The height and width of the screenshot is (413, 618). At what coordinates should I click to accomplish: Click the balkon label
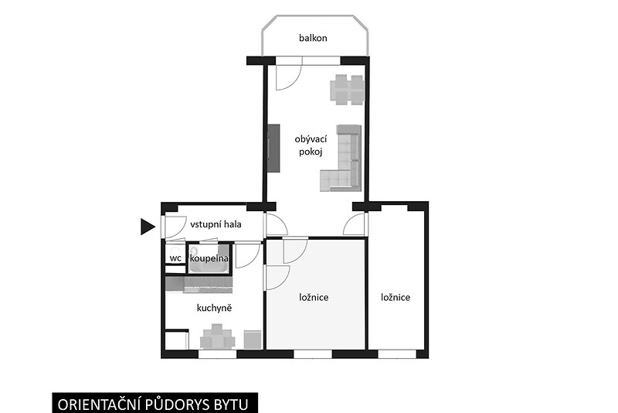pyautogui.click(x=313, y=38)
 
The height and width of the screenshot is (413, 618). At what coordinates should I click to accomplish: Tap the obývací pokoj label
pyautogui.click(x=311, y=145)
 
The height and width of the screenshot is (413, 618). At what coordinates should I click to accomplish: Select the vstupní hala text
pyautogui.click(x=216, y=224)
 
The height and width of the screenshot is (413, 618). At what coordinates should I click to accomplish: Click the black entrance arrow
pyautogui.click(x=148, y=227)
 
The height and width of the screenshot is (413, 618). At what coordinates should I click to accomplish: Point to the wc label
pyautogui.click(x=175, y=258)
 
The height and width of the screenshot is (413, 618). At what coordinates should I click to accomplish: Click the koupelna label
pyautogui.click(x=209, y=258)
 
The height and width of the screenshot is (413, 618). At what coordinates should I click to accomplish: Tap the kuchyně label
pyautogui.click(x=214, y=308)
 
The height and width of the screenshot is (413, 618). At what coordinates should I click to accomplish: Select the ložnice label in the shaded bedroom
pyautogui.click(x=314, y=297)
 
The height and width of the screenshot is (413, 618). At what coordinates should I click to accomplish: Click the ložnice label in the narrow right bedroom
pyautogui.click(x=396, y=297)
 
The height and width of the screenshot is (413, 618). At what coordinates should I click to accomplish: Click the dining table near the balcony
pyautogui.click(x=347, y=90)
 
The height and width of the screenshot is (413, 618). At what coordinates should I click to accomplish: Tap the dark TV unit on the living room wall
pyautogui.click(x=274, y=148)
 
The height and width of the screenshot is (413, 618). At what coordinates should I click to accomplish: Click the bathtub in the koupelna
pyautogui.click(x=209, y=259)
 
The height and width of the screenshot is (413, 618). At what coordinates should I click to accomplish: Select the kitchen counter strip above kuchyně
pyautogui.click(x=199, y=285)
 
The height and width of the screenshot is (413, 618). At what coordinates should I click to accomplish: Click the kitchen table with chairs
pyautogui.click(x=218, y=337)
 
